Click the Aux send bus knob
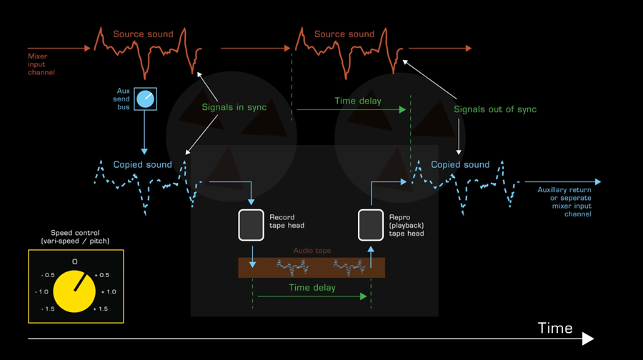(x=146, y=99)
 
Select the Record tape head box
(x=251, y=225)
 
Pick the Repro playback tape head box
(x=371, y=225)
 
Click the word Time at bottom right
(x=555, y=329)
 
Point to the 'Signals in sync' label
(x=234, y=108)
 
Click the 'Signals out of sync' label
(x=494, y=110)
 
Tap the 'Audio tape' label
(x=312, y=251)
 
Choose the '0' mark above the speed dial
(x=74, y=262)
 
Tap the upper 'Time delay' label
(x=358, y=101)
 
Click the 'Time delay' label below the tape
(x=312, y=288)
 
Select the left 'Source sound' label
(x=143, y=34)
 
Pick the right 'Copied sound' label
(x=460, y=165)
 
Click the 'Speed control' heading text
(x=75, y=237)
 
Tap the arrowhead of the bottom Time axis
(x=589, y=339)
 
